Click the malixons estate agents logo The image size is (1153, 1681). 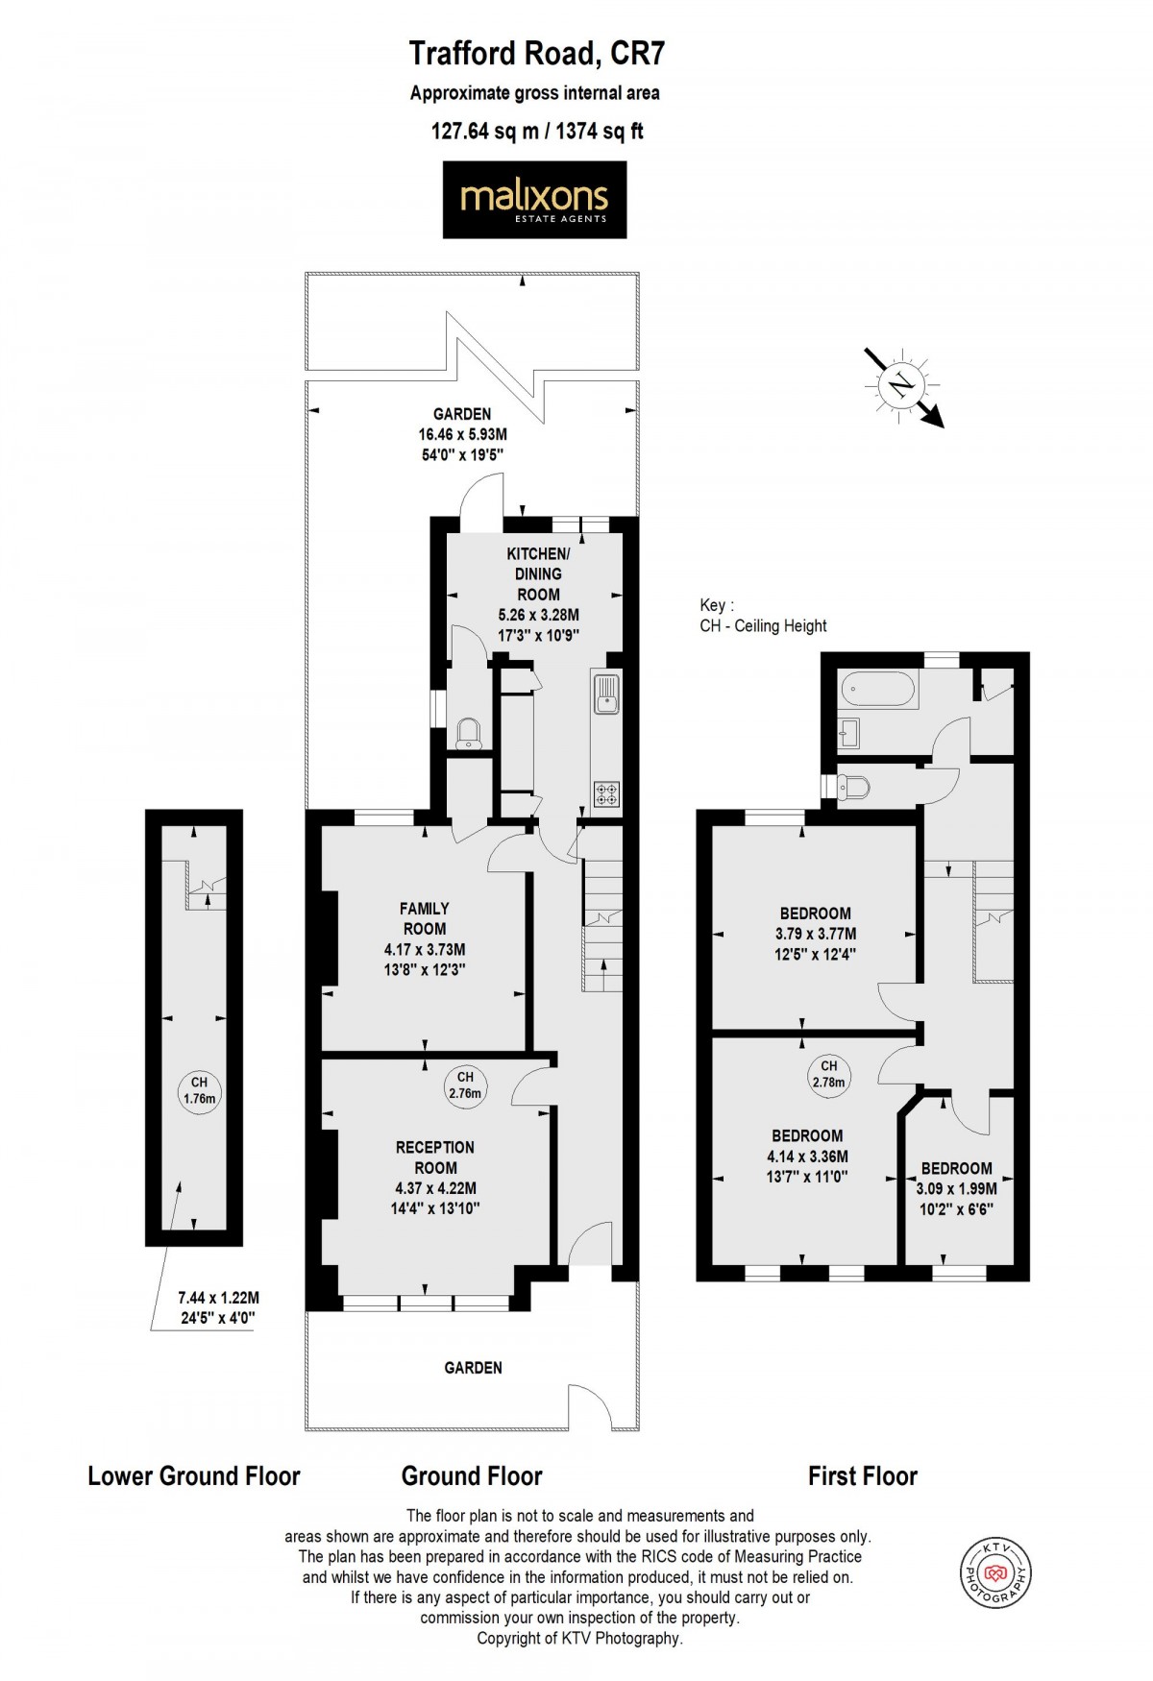[x=534, y=200]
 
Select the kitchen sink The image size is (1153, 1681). [x=606, y=694]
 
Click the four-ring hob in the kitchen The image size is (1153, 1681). [x=607, y=794]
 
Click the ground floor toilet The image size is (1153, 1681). [x=469, y=733]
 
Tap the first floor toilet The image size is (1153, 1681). [x=853, y=788]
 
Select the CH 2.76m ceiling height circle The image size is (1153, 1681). [x=465, y=1084]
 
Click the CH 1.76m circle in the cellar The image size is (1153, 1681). [x=199, y=1090]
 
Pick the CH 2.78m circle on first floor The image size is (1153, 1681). [x=828, y=1074]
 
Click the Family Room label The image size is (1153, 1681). [x=425, y=918]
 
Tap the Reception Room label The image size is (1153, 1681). [x=435, y=1157]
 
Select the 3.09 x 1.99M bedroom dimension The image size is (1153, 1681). [x=956, y=1188]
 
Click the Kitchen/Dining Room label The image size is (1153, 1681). [x=538, y=573]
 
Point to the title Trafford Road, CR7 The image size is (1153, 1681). [x=536, y=54]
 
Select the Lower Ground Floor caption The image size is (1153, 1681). [x=194, y=1475]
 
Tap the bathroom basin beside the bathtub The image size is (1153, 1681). [x=847, y=734]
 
